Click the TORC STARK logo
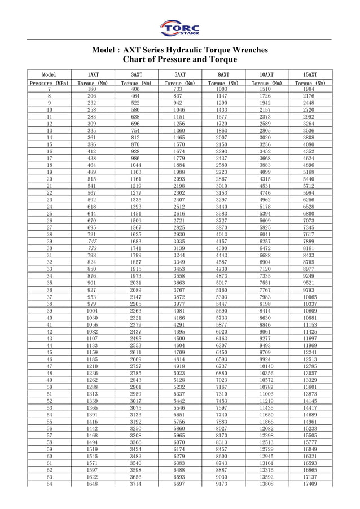(180, 28)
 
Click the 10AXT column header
(266, 74)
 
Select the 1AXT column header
(92, 74)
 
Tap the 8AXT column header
(223, 74)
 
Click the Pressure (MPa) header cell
(49, 84)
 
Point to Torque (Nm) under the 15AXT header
(310, 84)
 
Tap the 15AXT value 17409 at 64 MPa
(310, 484)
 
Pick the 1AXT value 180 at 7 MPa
(92, 89)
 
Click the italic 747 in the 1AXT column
(92, 241)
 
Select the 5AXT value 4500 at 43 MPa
(179, 338)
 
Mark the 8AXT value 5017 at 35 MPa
(223, 283)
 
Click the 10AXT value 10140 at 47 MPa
(266, 366)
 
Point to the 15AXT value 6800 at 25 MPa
(310, 213)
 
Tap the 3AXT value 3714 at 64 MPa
(135, 484)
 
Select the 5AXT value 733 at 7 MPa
(179, 89)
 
